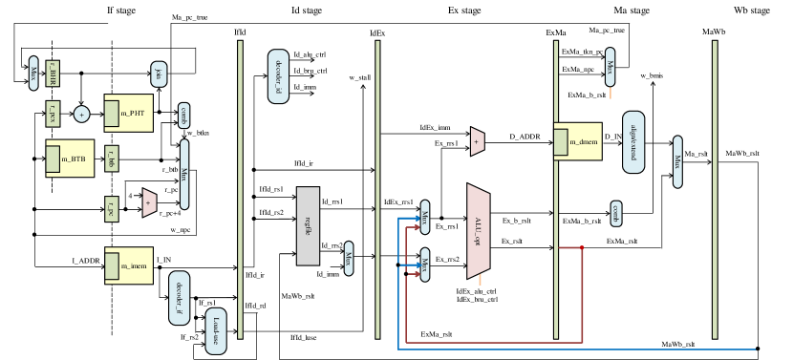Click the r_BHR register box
[53, 74]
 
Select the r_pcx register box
[53, 114]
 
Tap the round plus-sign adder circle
[81, 115]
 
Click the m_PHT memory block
[129, 113]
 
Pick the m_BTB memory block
[70, 159]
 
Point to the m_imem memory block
[129, 265]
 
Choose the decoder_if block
[179, 298]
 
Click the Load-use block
[216, 331]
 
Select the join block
[159, 74]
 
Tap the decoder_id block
[278, 76]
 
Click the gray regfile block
[308, 226]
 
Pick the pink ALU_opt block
[478, 231]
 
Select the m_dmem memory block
[578, 141]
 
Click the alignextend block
[632, 142]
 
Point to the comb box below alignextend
[616, 213]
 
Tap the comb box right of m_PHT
[183, 116]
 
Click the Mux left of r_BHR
[33, 73]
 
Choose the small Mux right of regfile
[349, 258]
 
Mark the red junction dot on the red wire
[582, 248]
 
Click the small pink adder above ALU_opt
[477, 141]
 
